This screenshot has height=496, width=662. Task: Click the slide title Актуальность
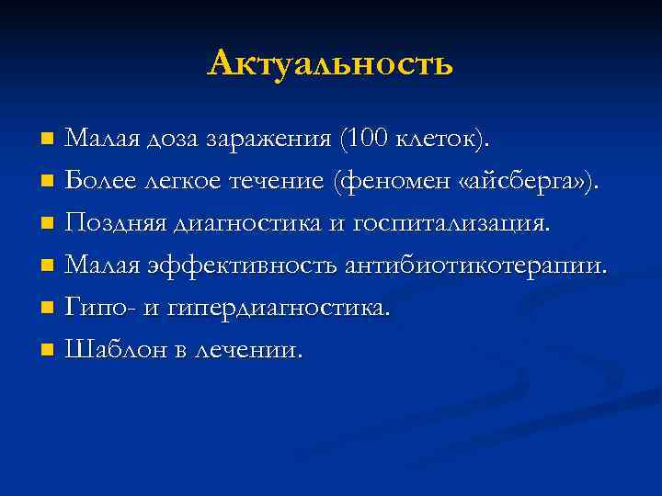pyautogui.click(x=330, y=63)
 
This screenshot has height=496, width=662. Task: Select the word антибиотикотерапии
pyautogui.click(x=475, y=266)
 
